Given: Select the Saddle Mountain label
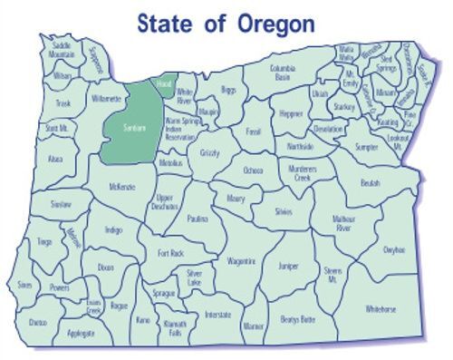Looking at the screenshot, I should pos(62,51).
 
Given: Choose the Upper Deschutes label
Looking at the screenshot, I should pos(165,200).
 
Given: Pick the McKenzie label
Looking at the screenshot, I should pos(121,187).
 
